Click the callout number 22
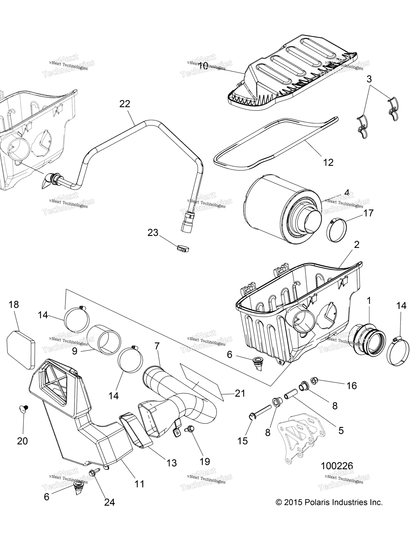click(x=125, y=104)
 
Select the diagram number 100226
click(x=337, y=466)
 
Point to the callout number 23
click(x=153, y=233)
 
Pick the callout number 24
click(x=109, y=502)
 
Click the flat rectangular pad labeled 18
click(x=21, y=350)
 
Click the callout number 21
click(x=240, y=393)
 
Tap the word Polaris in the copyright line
click(x=315, y=502)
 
